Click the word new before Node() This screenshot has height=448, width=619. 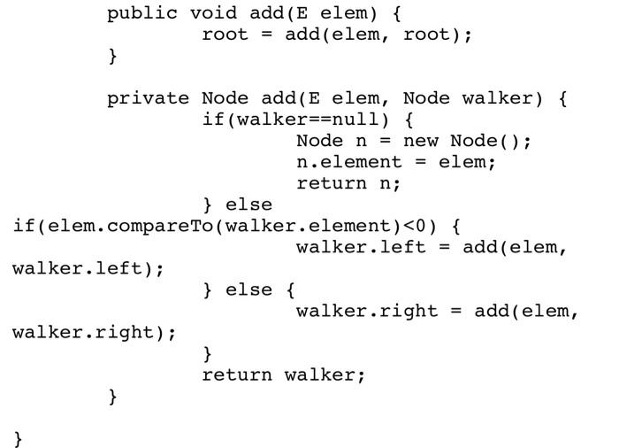[x=421, y=141]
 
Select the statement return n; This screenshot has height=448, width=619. [x=348, y=183]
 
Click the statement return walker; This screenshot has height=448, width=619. [x=283, y=375]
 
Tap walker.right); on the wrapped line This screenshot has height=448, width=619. [x=95, y=332]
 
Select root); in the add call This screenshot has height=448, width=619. [x=438, y=35]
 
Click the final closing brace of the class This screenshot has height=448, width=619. [x=18, y=438]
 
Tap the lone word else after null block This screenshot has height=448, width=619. [x=248, y=205]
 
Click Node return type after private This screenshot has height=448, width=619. [x=225, y=98]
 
